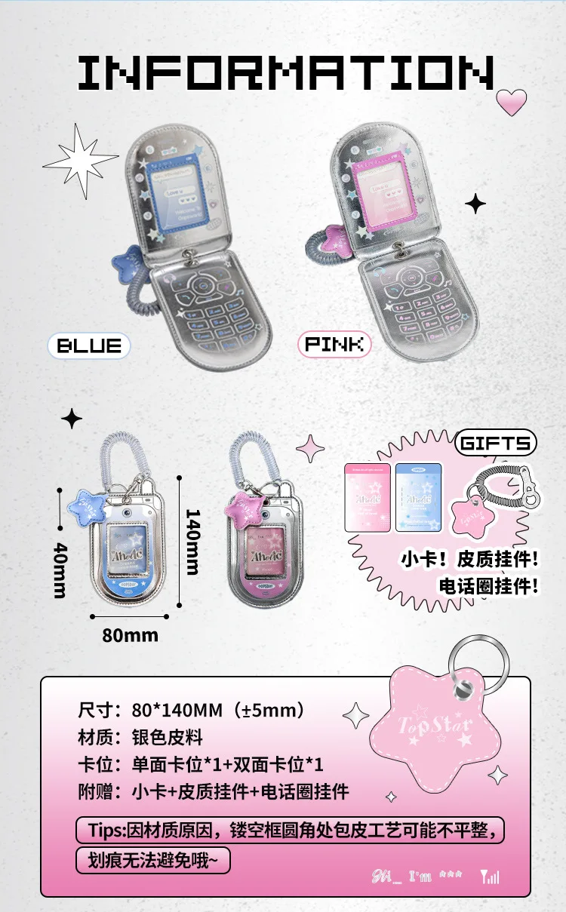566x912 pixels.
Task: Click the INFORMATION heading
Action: coord(285,73)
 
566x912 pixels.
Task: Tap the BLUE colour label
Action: coord(90,346)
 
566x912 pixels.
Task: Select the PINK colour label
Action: coord(334,345)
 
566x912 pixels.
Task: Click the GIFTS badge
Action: coord(496,443)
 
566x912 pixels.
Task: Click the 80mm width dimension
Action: coord(131,634)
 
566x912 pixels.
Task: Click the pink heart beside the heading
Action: coord(512,101)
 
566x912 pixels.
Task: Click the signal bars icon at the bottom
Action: coord(489,877)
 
